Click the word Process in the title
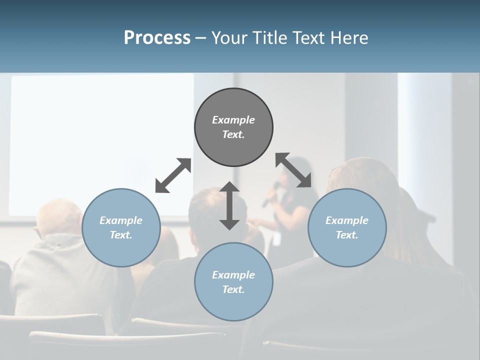coord(157,38)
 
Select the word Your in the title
coord(230,38)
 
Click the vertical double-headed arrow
coord(229,206)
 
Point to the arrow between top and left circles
coord(173,175)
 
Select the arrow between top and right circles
coord(293,170)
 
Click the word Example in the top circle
coord(233,120)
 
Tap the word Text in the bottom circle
coord(232,289)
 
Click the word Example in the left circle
coord(121,220)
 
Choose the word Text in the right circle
coord(346,235)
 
